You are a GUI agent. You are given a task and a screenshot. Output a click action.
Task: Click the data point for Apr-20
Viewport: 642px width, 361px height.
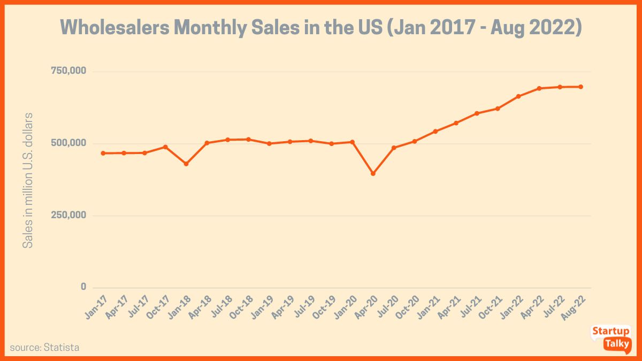(373, 173)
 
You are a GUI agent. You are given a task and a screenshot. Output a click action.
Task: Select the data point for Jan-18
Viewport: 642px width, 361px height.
(186, 164)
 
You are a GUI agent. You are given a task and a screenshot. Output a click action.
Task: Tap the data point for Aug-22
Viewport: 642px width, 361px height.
(580, 87)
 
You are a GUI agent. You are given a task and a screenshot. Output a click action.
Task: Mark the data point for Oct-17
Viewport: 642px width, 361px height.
(165, 147)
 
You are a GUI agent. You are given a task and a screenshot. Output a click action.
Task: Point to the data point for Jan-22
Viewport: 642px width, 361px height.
(518, 96)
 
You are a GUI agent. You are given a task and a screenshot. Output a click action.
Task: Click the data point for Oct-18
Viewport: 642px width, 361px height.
(248, 140)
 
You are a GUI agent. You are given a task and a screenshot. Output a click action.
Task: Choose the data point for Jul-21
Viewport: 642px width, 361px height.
(477, 113)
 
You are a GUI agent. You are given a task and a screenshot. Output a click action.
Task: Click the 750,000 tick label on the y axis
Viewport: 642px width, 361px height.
(68, 71)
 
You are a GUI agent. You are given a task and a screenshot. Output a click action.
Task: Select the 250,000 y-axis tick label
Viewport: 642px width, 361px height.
(68, 215)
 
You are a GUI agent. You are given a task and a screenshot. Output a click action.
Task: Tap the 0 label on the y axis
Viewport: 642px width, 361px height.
(83, 287)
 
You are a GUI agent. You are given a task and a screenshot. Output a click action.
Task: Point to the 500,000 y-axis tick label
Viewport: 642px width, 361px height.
(68, 143)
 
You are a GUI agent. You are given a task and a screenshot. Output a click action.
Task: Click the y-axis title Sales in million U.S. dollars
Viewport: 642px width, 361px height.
(28, 180)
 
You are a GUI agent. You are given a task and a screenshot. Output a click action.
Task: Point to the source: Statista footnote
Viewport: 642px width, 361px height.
(44, 348)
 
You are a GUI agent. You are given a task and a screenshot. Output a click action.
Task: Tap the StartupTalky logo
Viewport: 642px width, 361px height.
(610, 337)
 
